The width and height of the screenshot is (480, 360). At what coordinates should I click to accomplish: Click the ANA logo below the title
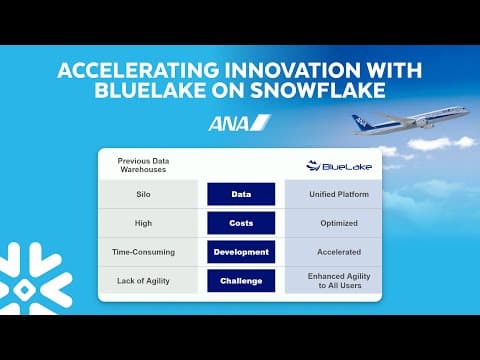[239, 123]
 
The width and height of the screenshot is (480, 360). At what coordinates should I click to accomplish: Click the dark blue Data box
[240, 194]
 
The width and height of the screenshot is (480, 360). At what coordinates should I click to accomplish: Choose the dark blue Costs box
[240, 223]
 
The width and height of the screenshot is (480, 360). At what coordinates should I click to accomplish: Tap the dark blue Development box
[240, 252]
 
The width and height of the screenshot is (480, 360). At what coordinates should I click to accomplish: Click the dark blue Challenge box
[240, 281]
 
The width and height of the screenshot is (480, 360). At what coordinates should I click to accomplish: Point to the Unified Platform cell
[332, 194]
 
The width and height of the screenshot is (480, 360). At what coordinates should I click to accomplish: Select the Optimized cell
[332, 223]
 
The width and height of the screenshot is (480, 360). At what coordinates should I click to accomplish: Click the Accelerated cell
[332, 252]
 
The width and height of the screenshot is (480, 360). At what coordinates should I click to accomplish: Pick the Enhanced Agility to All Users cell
[332, 281]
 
